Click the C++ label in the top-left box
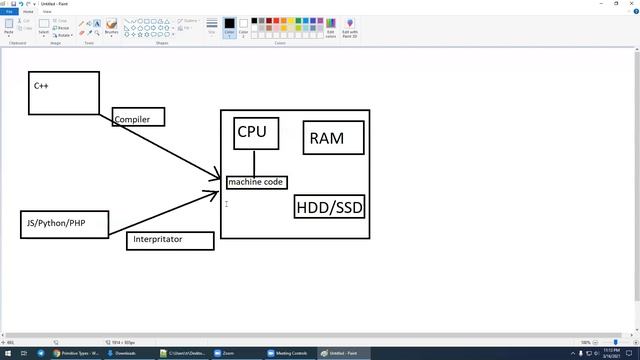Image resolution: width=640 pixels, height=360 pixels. pos(41,86)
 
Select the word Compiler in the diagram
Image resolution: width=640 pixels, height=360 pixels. pos(132,119)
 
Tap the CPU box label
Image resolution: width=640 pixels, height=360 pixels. pos(252,132)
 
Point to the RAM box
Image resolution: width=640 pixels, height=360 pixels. pos(327,138)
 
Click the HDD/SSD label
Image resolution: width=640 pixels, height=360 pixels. pos(329,207)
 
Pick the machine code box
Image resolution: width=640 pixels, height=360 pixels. pos(256,182)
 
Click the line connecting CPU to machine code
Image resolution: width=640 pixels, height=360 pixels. pos(254,163)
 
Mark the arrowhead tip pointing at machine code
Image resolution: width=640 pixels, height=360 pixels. pos(221,181)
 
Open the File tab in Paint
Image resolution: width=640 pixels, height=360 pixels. pos(9,12)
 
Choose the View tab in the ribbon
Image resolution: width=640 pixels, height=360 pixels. pos(46,12)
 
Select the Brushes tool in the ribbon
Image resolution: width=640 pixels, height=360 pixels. pos(111,27)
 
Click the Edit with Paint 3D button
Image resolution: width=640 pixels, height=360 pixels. pos(350,27)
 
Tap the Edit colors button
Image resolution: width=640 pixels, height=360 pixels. pos(330,27)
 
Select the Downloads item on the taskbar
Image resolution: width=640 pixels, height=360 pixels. pos(124,353)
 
